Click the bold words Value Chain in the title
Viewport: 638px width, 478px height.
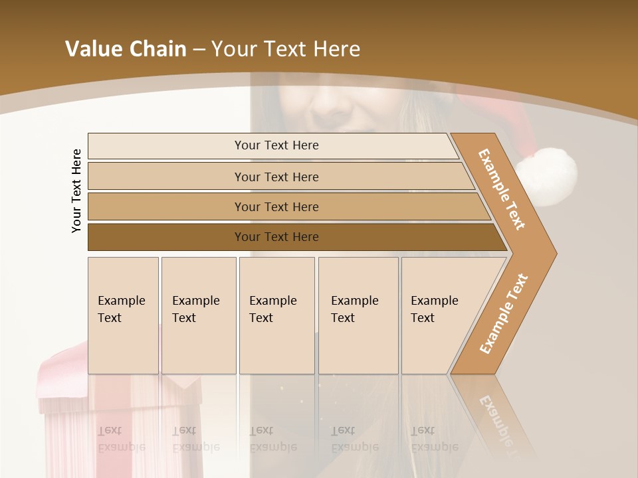tap(126, 49)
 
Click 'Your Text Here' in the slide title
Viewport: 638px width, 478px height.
tap(286, 49)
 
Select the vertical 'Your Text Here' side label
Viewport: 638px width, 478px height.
tap(76, 191)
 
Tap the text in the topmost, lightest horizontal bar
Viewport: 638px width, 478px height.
tap(276, 145)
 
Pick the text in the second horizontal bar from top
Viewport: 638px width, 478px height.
tap(276, 177)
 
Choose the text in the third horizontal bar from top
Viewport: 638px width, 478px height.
tap(276, 206)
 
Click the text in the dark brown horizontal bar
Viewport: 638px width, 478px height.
tap(276, 237)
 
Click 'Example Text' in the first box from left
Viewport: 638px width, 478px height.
tap(121, 309)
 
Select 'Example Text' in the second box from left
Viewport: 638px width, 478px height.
tap(195, 309)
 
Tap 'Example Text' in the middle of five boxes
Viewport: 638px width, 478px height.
tap(272, 309)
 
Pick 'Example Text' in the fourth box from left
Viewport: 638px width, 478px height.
tap(354, 309)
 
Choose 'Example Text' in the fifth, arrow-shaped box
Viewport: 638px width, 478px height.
tap(434, 309)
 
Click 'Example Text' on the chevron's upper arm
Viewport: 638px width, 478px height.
tap(502, 189)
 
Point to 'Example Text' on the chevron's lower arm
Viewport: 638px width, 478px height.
tap(503, 314)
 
